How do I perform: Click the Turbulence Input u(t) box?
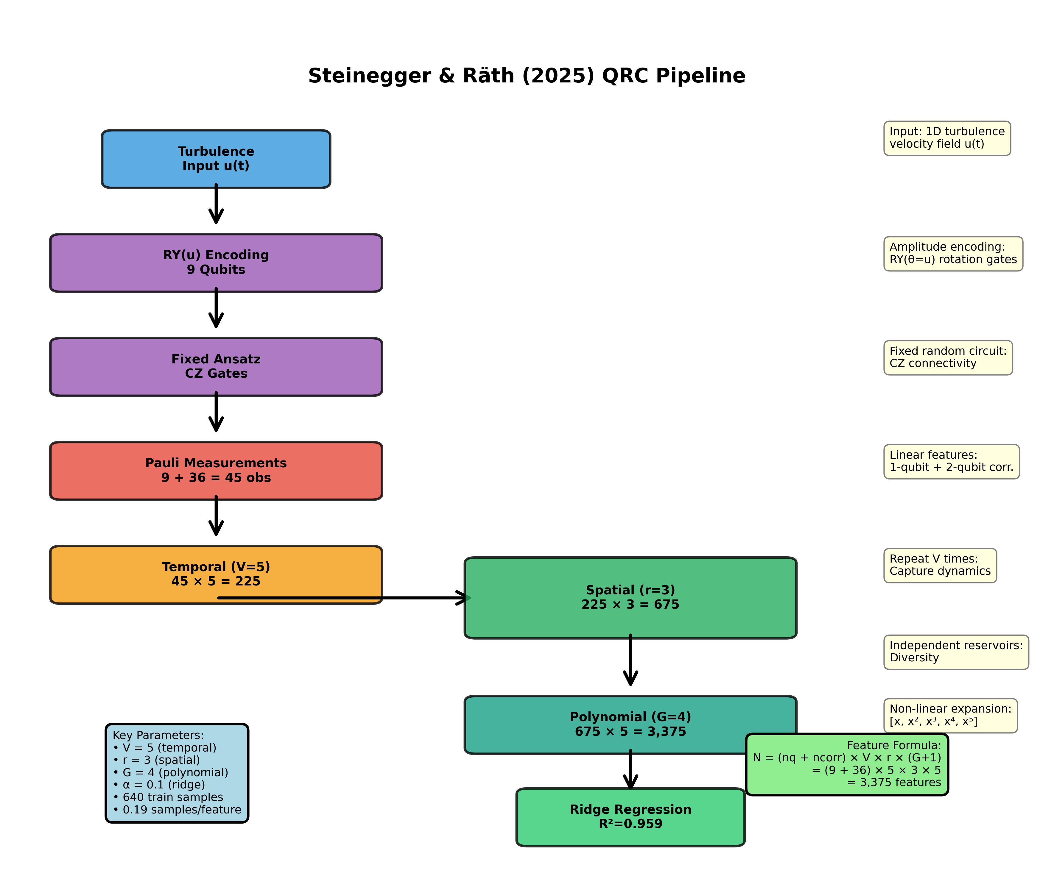click(216, 159)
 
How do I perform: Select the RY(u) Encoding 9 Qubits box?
click(216, 263)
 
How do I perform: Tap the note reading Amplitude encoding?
click(953, 253)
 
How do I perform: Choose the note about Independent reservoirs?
click(956, 652)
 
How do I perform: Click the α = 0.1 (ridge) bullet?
click(159, 785)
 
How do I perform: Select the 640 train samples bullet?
click(168, 797)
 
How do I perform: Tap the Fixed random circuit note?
click(948, 357)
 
